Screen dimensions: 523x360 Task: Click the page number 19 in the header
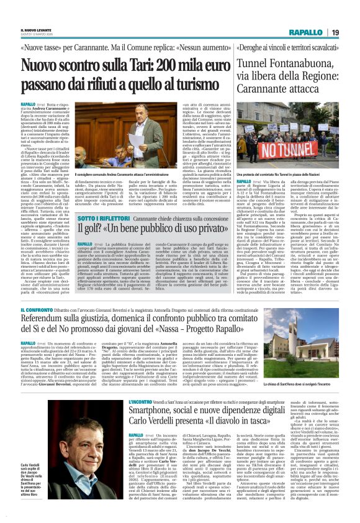coord(335,32)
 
